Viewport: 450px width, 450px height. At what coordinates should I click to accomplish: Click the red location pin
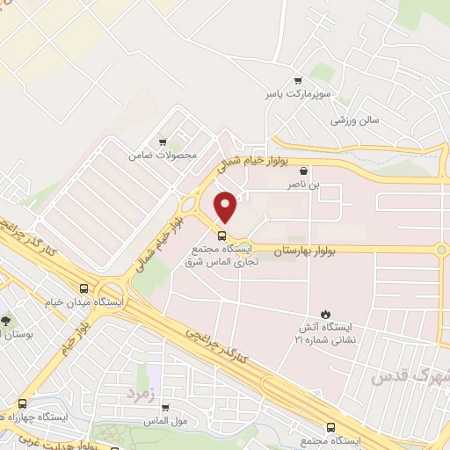point(227,207)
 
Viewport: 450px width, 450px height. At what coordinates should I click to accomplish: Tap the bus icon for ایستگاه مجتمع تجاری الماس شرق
point(221,236)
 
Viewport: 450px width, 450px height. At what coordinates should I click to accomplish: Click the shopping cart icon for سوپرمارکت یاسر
point(299,78)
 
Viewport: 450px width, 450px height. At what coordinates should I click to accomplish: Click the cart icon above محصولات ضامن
point(162,142)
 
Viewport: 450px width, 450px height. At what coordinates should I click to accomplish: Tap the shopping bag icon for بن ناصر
point(303,171)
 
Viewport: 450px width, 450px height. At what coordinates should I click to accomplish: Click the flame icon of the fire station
point(326,313)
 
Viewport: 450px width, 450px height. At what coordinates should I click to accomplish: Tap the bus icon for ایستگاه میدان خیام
point(83,287)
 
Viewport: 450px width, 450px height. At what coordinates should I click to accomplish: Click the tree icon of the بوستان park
point(6,320)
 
